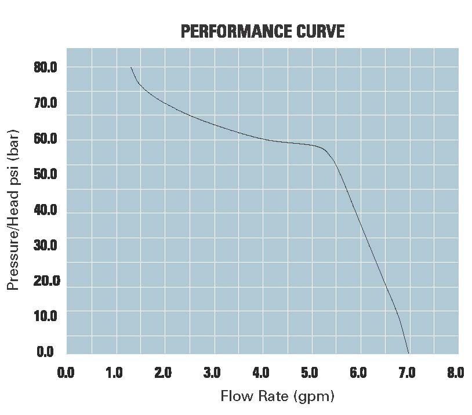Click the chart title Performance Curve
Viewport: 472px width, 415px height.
click(x=263, y=31)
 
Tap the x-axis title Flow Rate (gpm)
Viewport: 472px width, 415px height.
click(x=278, y=396)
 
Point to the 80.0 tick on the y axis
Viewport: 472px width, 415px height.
click(x=45, y=68)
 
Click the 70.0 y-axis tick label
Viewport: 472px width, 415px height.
click(x=45, y=104)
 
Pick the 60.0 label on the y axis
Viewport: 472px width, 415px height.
click(x=45, y=139)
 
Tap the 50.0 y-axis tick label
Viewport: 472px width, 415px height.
click(x=45, y=174)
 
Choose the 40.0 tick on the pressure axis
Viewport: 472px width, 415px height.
click(x=45, y=210)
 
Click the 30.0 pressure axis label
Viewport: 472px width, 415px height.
click(x=45, y=245)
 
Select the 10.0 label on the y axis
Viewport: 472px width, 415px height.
click(x=45, y=316)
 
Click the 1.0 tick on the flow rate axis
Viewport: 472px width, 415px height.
click(x=114, y=372)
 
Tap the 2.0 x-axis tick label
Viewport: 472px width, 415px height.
click(x=163, y=372)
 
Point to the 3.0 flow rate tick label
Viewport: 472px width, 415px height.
click(x=212, y=372)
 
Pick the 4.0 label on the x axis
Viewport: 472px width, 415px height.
click(x=261, y=372)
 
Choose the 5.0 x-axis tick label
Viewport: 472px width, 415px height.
click(x=310, y=372)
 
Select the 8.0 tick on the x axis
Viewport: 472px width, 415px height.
click(x=456, y=372)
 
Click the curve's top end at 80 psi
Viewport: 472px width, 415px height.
click(x=131, y=68)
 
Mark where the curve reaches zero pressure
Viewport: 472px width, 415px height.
click(x=409, y=353)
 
